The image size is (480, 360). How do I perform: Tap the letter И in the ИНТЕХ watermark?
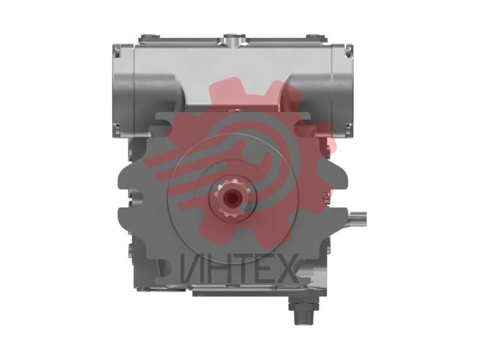click(x=192, y=268)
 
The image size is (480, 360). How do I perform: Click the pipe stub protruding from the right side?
click(x=357, y=219)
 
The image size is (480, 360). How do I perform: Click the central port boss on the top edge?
click(x=235, y=40)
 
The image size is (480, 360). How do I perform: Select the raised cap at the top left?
click(x=149, y=38)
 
